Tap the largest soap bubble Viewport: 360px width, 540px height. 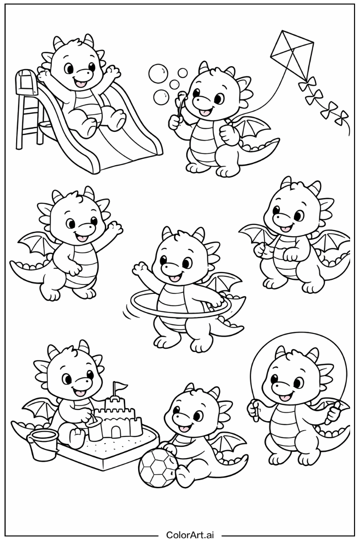[158, 73]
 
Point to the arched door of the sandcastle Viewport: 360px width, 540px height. [116, 432]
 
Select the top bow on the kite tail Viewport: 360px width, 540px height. [307, 83]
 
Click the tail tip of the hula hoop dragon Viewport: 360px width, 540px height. [241, 328]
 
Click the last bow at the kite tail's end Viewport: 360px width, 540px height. [342, 117]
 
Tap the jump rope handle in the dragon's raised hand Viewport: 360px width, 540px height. [254, 411]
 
